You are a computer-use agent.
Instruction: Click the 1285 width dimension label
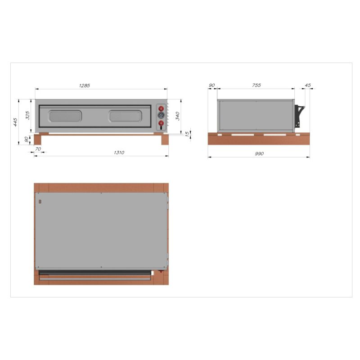click(x=85, y=85)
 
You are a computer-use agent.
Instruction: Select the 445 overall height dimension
click(x=15, y=122)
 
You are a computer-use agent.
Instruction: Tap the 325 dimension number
click(x=27, y=115)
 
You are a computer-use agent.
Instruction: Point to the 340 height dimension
click(x=177, y=116)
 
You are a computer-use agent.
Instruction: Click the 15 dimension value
click(x=187, y=134)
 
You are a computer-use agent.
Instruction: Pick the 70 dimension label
click(x=38, y=149)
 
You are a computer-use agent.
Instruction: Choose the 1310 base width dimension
click(x=119, y=153)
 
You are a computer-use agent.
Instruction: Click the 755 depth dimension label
click(x=256, y=85)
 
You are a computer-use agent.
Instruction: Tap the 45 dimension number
click(x=308, y=85)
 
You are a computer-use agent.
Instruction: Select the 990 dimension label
click(x=259, y=153)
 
